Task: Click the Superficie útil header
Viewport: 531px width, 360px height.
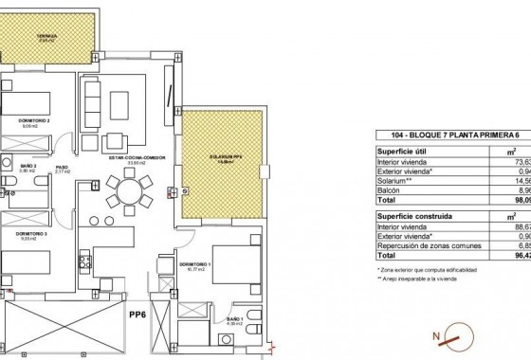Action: [x=375, y=151]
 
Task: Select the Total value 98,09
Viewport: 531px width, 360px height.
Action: [x=520, y=201]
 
